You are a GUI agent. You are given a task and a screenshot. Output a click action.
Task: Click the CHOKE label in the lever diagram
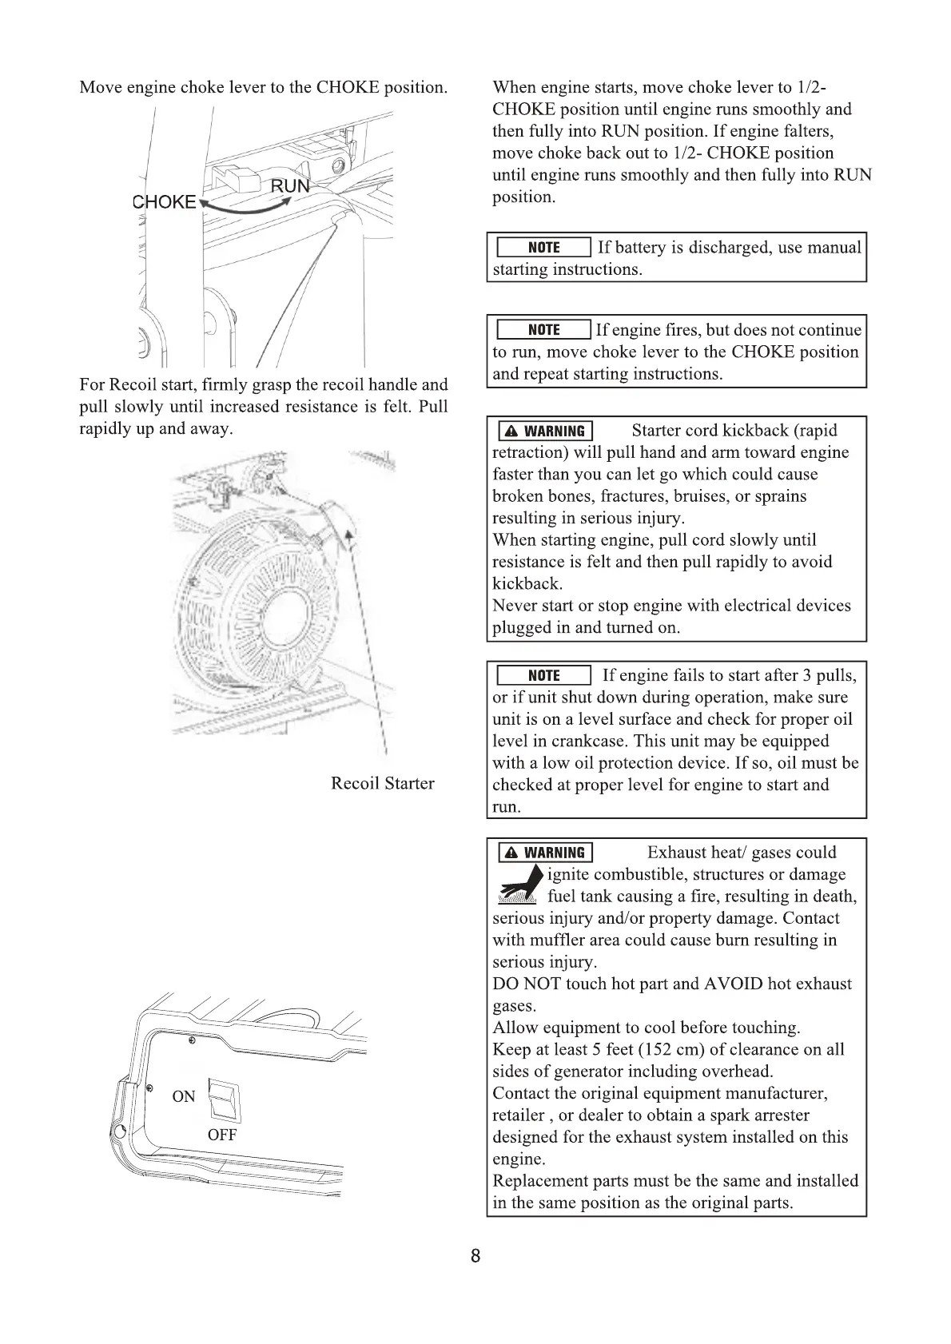pyautogui.click(x=164, y=202)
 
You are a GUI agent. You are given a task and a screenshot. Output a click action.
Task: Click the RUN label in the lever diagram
pyautogui.click(x=289, y=186)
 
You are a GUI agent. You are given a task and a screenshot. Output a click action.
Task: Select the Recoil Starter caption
pyautogui.click(x=383, y=783)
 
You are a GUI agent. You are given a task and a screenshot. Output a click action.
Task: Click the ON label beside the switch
pyautogui.click(x=184, y=1096)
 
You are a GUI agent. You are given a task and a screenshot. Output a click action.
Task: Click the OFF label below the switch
pyautogui.click(x=222, y=1135)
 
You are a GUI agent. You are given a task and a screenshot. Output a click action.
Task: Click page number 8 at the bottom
pyautogui.click(x=475, y=1256)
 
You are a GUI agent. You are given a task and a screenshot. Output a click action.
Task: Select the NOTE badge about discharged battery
pyautogui.click(x=543, y=248)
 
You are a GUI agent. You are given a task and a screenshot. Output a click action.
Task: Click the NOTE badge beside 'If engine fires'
pyautogui.click(x=543, y=330)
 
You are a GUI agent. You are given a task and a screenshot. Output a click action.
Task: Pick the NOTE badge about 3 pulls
pyautogui.click(x=543, y=676)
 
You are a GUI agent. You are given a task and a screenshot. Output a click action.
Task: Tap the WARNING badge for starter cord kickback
pyautogui.click(x=546, y=431)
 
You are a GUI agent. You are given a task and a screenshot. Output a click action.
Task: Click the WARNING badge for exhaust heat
pyautogui.click(x=546, y=853)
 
